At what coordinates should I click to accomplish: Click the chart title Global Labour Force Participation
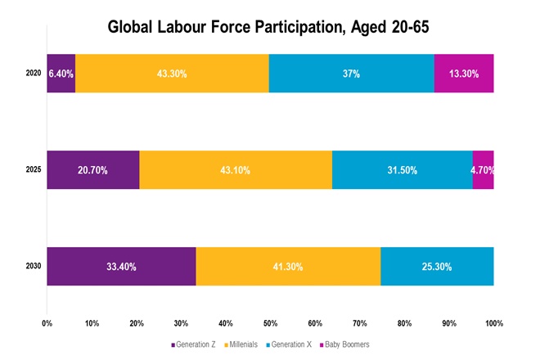click(x=269, y=27)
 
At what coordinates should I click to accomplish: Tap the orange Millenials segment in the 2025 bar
click(x=236, y=170)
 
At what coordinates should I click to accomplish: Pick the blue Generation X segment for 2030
click(x=437, y=266)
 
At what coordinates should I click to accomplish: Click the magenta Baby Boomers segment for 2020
click(x=464, y=74)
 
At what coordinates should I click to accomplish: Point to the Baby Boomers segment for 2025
click(x=483, y=170)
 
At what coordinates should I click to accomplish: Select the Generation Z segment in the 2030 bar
click(x=121, y=266)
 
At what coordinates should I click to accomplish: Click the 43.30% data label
click(x=172, y=74)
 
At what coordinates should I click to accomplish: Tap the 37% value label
click(x=351, y=74)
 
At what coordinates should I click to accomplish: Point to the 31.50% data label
click(x=402, y=170)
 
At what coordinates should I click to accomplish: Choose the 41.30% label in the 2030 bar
click(x=288, y=266)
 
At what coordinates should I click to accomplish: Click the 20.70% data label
click(x=92, y=170)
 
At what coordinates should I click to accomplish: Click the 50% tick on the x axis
click(x=270, y=322)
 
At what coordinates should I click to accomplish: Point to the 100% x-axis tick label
click(x=493, y=322)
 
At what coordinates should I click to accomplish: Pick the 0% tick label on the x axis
click(x=47, y=322)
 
